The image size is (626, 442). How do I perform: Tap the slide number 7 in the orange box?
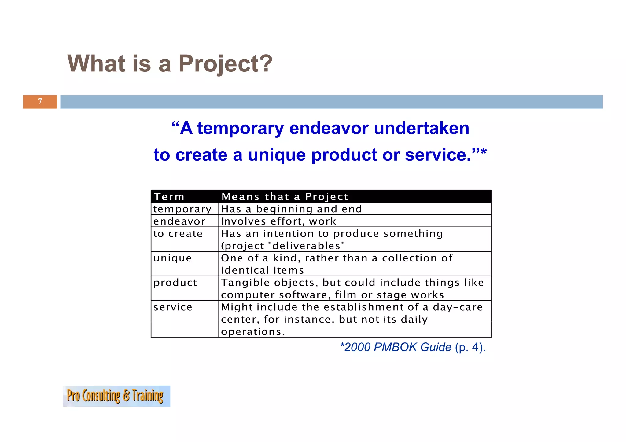click(40, 101)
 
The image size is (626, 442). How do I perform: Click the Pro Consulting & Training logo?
click(116, 396)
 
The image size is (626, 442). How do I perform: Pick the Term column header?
click(169, 197)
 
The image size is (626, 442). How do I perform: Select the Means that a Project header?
click(285, 197)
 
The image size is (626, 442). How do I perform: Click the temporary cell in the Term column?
click(182, 209)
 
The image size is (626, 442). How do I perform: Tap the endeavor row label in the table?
click(179, 221)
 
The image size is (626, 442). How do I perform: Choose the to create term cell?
click(178, 234)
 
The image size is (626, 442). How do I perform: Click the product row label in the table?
click(175, 283)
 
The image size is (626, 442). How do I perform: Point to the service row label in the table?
click(173, 307)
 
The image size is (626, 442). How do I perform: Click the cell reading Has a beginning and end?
click(291, 209)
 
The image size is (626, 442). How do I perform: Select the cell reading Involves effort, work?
click(278, 221)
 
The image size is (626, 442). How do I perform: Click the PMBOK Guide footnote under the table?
click(412, 347)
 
